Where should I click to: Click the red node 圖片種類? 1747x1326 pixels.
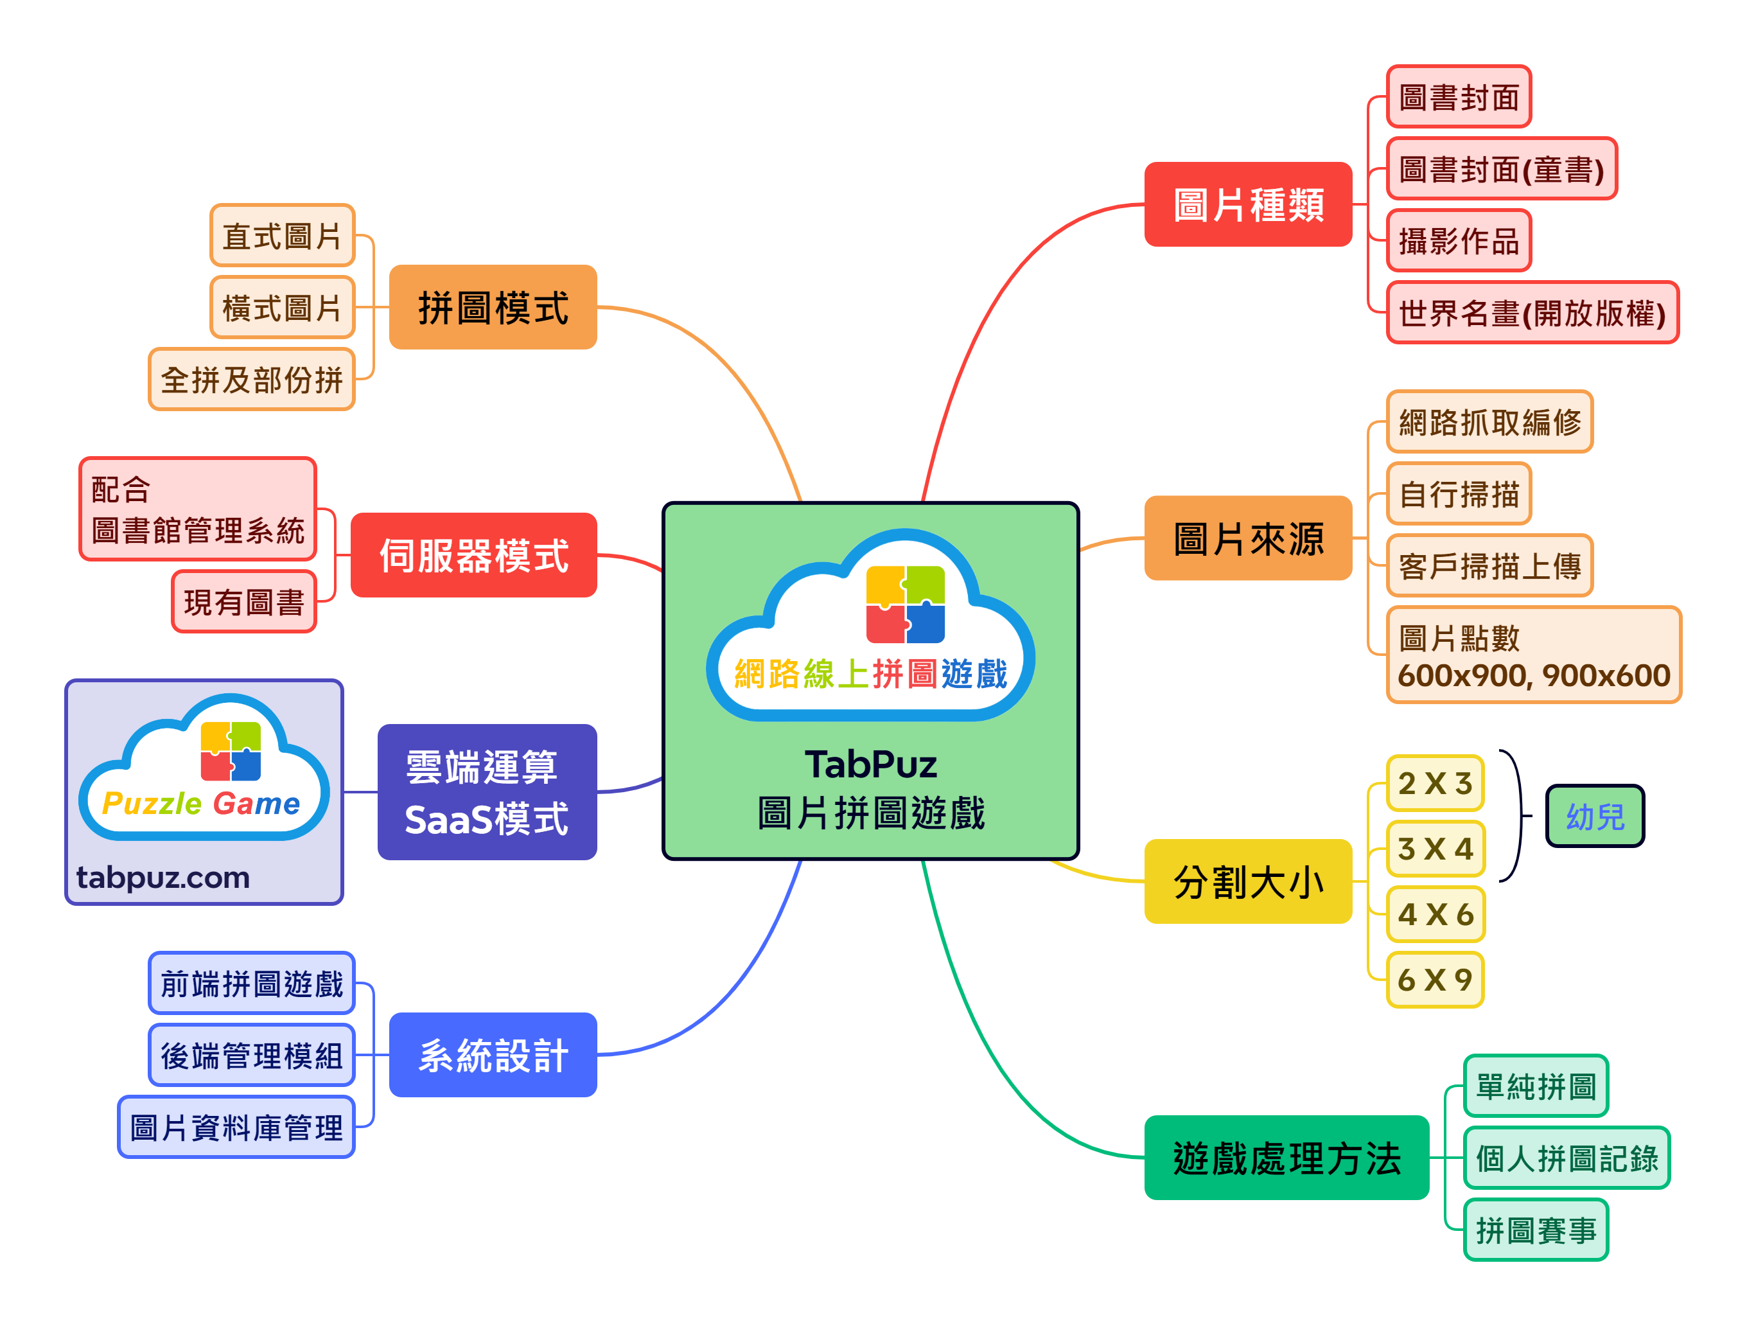[1248, 204]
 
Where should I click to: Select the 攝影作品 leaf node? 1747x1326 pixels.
[1458, 241]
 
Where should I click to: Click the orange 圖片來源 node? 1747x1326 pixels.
[1248, 538]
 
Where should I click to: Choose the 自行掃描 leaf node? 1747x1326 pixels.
[1458, 495]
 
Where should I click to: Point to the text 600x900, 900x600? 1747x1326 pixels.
[1533, 676]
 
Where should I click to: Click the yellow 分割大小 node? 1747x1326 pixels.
[1248, 881]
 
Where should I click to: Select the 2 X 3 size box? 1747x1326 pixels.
[1434, 783]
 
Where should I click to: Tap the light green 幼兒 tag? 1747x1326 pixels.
[1595, 817]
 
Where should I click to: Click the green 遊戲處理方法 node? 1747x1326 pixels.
[1286, 1158]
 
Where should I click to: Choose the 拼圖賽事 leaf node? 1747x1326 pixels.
[1535, 1230]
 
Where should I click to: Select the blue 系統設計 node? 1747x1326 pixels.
[493, 1055]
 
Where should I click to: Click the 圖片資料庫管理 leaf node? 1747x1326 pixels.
[236, 1127]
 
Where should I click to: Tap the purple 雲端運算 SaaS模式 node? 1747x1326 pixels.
[486, 792]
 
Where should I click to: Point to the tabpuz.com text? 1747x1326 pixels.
[162, 878]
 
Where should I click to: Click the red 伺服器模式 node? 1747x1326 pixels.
[473, 555]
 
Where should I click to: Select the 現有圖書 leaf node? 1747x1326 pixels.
[243, 602]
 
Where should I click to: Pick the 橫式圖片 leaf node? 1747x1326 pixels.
[282, 307]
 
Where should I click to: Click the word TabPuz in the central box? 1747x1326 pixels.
[870, 765]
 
